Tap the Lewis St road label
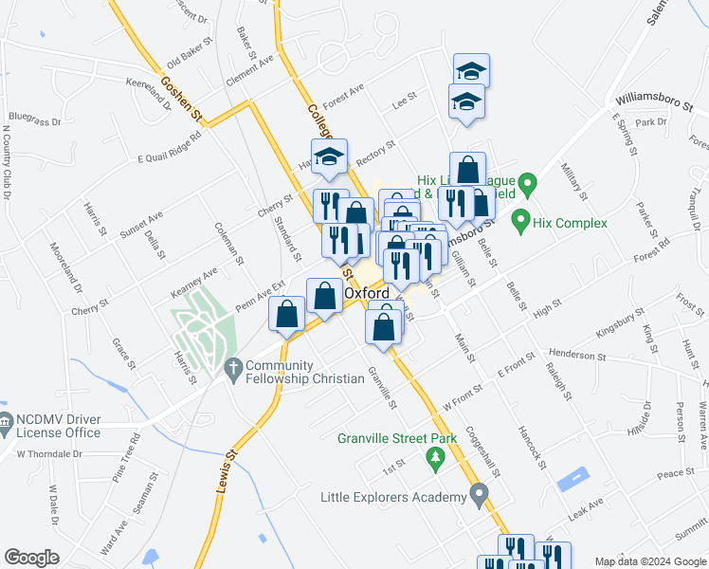click(224, 472)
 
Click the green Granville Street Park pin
click(435, 460)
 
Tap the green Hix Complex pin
click(519, 222)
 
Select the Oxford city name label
click(367, 294)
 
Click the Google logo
click(32, 558)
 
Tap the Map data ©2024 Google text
click(650, 561)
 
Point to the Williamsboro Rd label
click(654, 98)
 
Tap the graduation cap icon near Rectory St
click(329, 156)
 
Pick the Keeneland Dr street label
click(149, 94)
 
